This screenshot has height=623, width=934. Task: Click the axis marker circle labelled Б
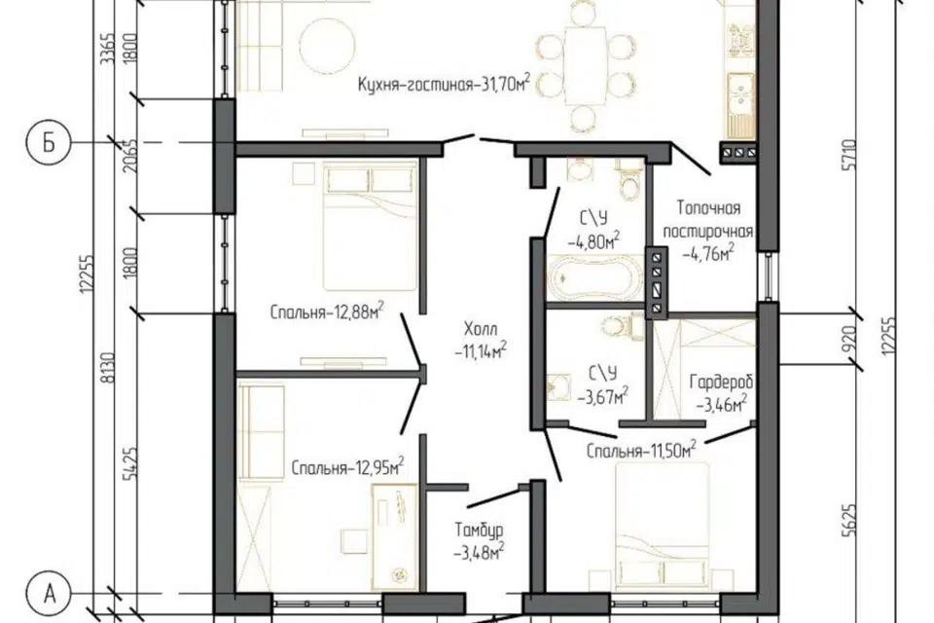pos(49,143)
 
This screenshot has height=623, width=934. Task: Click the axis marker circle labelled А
pos(50,594)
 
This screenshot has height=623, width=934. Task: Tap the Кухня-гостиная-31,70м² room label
pos(445,83)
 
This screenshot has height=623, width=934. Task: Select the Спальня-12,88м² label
pos(327,311)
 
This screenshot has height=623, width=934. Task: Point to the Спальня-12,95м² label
pos(348,467)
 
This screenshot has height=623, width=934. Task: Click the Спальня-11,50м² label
pos(641,449)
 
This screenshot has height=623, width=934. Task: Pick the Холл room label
pos(480,329)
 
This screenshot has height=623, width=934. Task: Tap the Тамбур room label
pos(480,530)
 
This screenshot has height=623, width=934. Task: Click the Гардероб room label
pos(721,382)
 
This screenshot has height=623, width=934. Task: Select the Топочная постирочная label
pos(709,219)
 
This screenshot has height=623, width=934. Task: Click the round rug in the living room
pos(327,46)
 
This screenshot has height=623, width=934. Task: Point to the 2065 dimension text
pos(130,156)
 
